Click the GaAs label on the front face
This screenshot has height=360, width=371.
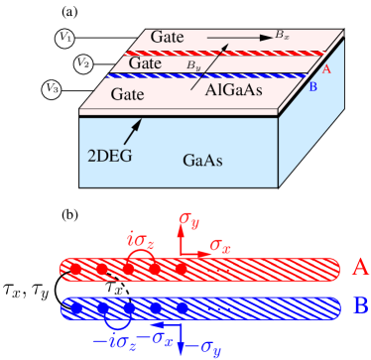click(205, 160)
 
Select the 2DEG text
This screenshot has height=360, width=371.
click(109, 155)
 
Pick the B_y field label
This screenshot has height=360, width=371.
click(194, 64)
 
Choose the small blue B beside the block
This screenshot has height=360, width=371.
click(313, 88)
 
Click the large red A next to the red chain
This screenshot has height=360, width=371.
click(360, 267)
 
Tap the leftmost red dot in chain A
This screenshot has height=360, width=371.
click(75, 269)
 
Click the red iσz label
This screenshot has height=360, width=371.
click(138, 237)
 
